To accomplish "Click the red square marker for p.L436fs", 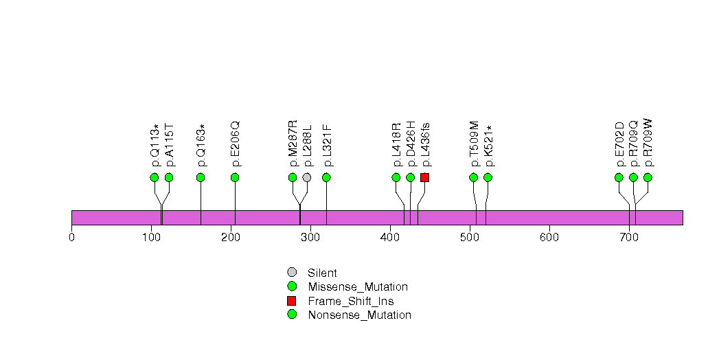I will (x=424, y=177).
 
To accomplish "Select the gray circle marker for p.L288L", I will (x=307, y=177).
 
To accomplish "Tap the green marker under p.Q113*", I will (x=155, y=177).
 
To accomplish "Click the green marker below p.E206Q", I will (x=235, y=177).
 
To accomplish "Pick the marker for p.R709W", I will (x=648, y=177).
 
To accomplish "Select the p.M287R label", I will (x=293, y=144).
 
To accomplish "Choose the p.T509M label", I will (x=474, y=144).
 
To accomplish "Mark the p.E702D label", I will (x=619, y=144).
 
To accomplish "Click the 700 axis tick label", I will (x=629, y=238).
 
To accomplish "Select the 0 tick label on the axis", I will (x=72, y=238).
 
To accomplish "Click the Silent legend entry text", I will (x=323, y=273).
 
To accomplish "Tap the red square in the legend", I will (x=292, y=301).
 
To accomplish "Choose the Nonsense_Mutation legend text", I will (x=359, y=315).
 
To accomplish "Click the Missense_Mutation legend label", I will (x=358, y=287).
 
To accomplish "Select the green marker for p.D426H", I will (x=410, y=177).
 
